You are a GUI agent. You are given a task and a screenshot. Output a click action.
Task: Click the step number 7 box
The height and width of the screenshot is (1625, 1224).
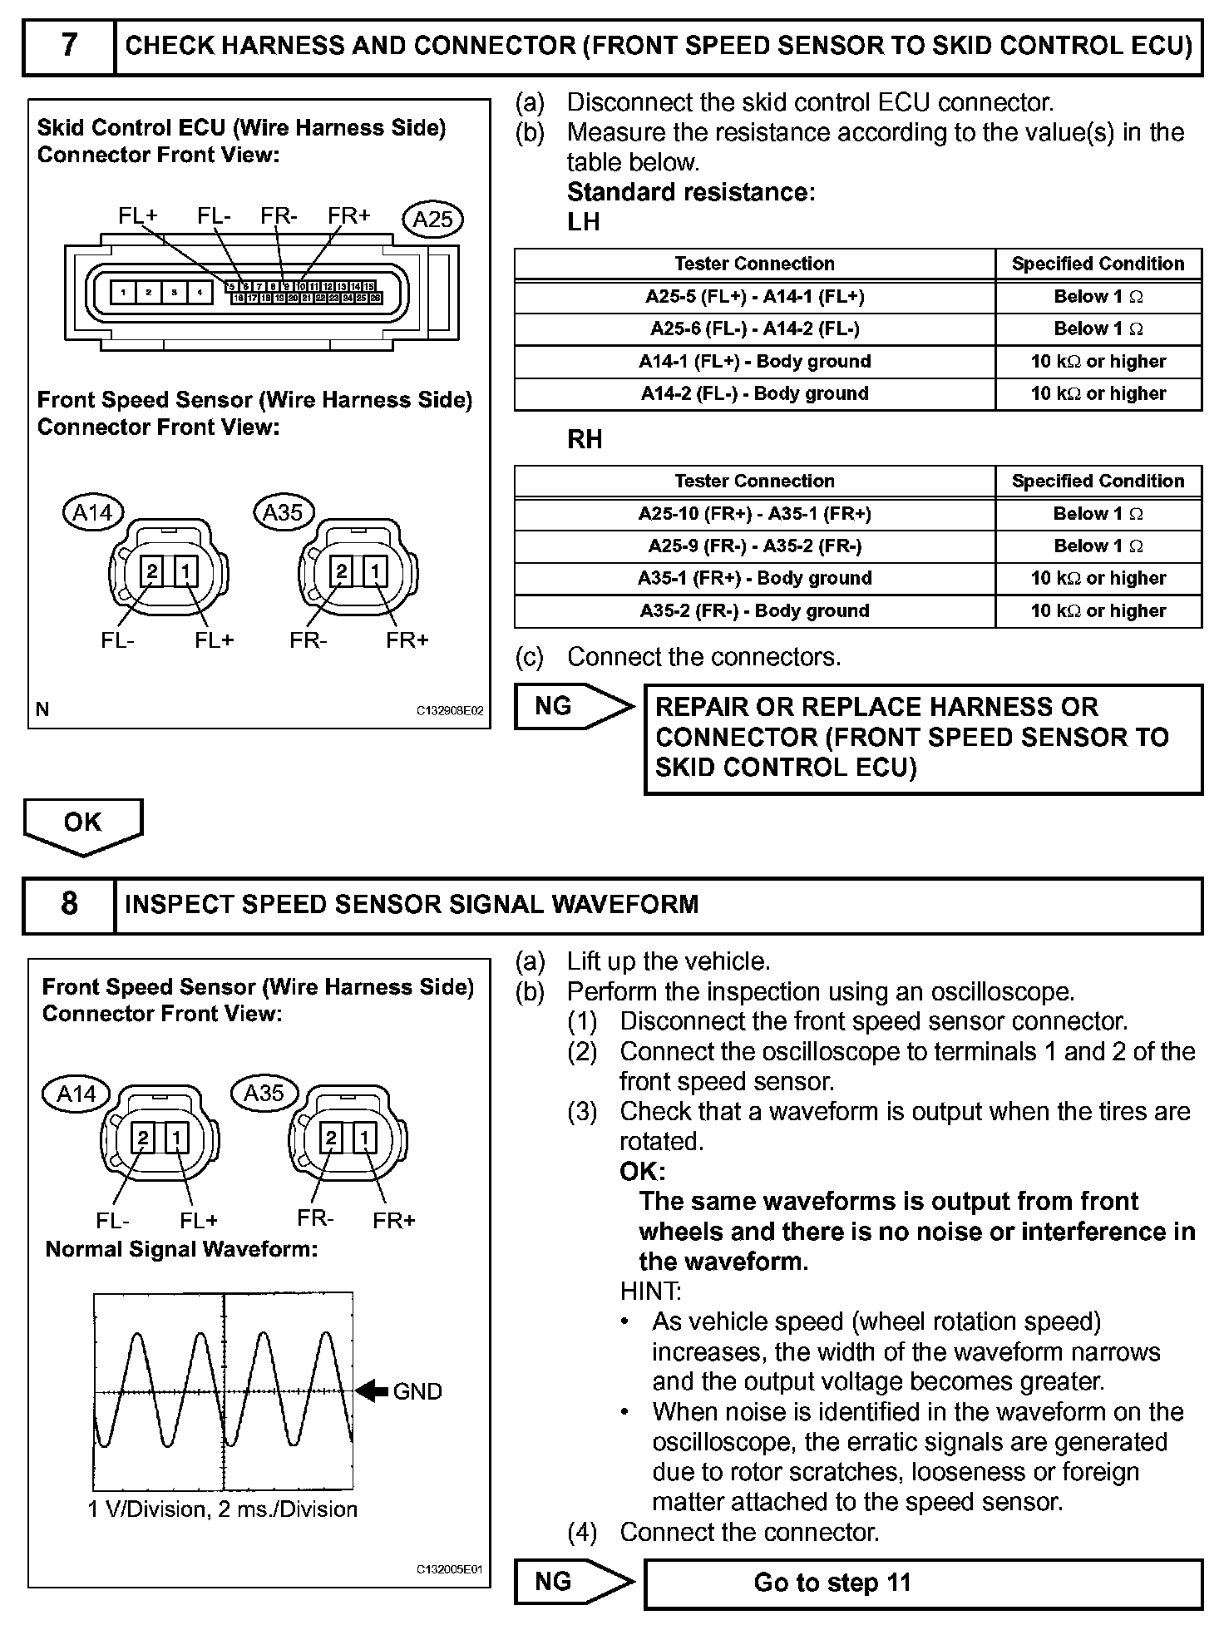(69, 45)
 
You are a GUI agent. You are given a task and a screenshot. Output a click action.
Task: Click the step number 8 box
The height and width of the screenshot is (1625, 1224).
(69, 904)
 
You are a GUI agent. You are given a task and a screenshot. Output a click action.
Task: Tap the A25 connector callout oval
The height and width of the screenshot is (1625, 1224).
(432, 219)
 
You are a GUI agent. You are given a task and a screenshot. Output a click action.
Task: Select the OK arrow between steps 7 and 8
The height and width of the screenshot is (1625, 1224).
(83, 825)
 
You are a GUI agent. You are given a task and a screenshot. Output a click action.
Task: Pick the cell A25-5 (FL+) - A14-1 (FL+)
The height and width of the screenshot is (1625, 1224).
(754, 297)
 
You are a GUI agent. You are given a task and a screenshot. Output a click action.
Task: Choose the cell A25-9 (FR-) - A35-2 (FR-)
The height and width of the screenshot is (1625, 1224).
(754, 546)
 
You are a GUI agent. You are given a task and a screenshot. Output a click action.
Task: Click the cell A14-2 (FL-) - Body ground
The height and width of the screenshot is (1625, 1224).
(754, 394)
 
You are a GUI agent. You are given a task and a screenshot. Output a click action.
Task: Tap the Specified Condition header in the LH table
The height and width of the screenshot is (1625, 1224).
(1098, 264)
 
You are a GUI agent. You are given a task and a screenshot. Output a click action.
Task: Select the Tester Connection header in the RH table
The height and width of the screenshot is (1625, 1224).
(754, 481)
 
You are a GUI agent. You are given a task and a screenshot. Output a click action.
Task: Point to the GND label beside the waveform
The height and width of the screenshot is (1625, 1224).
(417, 1391)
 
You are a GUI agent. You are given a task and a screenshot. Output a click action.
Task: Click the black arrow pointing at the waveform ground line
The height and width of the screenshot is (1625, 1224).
(372, 1390)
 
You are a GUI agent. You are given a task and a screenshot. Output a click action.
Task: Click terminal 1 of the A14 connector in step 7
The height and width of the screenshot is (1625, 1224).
(185, 571)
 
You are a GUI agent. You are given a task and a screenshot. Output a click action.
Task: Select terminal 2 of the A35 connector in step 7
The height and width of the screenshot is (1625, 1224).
(341, 571)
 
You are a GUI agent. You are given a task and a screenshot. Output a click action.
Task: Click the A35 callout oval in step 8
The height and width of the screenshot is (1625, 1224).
(264, 1093)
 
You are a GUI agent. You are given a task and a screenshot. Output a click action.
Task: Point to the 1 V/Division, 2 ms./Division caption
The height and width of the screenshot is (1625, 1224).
(222, 1509)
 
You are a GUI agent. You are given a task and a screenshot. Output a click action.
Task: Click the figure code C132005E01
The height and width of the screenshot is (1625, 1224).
(448, 1570)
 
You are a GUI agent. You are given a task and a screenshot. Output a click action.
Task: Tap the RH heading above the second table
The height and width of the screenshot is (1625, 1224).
(585, 440)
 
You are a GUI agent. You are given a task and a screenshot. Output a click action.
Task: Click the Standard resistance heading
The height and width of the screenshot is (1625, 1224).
(690, 192)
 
